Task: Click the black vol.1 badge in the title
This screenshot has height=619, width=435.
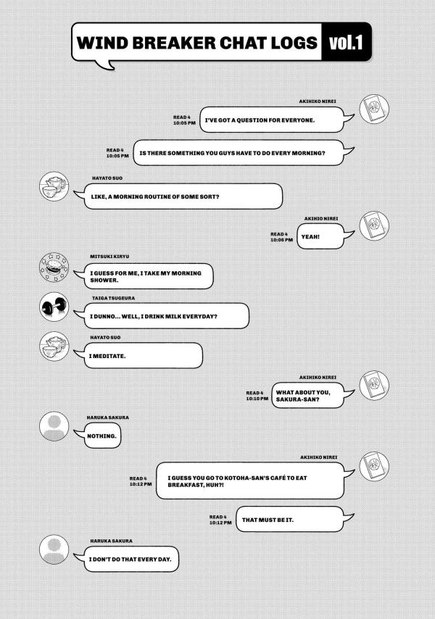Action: [346, 42]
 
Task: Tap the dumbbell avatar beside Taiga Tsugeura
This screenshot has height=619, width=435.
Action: [54, 307]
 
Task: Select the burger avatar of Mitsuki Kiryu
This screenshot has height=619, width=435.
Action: [54, 267]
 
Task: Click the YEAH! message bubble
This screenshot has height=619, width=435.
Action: [320, 236]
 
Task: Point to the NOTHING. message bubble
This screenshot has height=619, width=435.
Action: [102, 436]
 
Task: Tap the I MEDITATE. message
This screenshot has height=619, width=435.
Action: [144, 356]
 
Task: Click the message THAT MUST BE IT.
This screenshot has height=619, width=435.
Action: [290, 520]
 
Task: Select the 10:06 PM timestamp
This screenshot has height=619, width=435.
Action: [281, 240]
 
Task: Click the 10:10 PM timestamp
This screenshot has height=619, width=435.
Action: [257, 399]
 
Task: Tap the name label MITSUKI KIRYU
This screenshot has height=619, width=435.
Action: [109, 257]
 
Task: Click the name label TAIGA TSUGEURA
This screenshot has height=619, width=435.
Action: [113, 298]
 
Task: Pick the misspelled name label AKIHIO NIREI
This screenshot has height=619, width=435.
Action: [321, 219]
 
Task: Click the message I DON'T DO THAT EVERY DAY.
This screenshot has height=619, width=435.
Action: [131, 559]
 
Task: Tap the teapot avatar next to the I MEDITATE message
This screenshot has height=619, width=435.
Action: [54, 346]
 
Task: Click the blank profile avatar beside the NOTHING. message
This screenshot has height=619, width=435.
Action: [54, 426]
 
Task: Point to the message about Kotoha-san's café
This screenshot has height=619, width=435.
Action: [250, 481]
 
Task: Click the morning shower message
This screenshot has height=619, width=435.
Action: [149, 276]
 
